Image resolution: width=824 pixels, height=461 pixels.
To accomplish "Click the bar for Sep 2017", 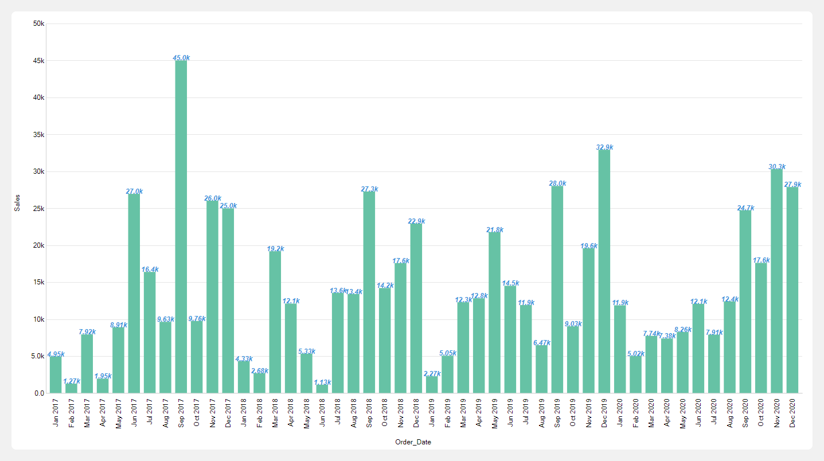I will (181, 226).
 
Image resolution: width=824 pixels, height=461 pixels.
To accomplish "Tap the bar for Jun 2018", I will (322, 388).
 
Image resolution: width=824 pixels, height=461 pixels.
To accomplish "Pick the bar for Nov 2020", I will (776, 281).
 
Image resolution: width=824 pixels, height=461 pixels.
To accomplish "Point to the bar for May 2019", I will (494, 312).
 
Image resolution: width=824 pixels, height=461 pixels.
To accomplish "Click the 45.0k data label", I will (181, 58).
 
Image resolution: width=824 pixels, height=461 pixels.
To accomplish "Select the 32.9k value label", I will (604, 147).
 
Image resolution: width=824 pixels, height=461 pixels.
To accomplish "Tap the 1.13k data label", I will (322, 382).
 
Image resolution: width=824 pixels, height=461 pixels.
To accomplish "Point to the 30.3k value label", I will (777, 167).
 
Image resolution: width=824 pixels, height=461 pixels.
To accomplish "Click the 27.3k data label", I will (369, 189).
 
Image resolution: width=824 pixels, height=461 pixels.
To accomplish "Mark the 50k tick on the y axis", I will (38, 24).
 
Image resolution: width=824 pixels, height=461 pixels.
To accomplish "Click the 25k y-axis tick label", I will (38, 209).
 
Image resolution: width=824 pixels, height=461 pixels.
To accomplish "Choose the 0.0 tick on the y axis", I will (39, 393).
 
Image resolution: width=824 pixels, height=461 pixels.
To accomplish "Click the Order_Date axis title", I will (413, 442).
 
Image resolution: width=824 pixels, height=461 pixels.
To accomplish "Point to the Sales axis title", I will (17, 202).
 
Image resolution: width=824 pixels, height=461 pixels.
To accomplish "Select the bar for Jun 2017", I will (134, 293).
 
